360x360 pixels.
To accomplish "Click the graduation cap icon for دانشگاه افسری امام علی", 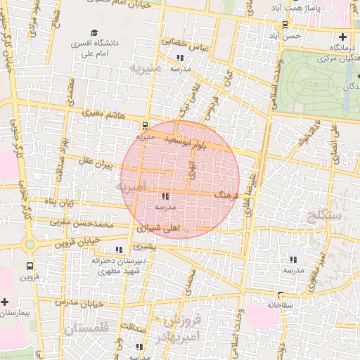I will tap(94, 33).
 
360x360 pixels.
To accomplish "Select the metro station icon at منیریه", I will tap(145, 127).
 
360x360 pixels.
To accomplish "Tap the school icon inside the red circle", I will tap(165, 198).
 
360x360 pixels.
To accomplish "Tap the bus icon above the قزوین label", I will tap(29, 266).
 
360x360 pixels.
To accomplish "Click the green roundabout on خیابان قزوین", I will tap(29, 245).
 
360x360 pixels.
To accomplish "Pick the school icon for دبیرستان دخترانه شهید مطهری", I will tap(118, 250).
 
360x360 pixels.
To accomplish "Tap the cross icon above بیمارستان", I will tap(5, 301).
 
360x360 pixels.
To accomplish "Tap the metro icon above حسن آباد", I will tap(284, 25).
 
